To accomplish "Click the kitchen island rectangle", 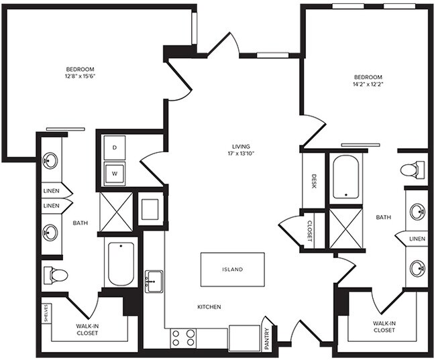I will click(232, 269).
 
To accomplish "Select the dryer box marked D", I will click(115, 147).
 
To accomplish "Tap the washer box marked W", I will click(115, 172).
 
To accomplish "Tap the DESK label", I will click(314, 181).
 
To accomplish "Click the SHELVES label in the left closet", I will click(46, 314).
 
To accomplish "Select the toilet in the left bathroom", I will click(56, 275).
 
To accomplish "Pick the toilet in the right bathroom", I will click(413, 170).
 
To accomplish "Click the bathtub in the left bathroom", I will click(121, 263).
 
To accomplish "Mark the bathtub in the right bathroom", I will click(346, 177).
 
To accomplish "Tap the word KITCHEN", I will click(209, 307).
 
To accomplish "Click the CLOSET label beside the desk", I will click(309, 229).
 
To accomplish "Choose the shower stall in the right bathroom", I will click(346, 229).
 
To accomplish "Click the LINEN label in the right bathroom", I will click(417, 239).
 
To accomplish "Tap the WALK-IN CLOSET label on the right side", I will click(384, 326).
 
